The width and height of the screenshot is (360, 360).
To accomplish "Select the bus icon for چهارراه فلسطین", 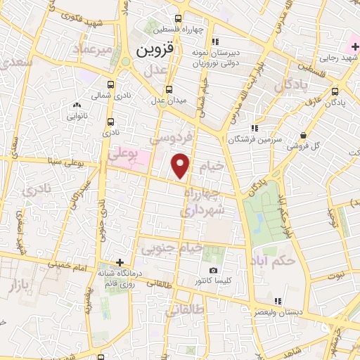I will point(179,20).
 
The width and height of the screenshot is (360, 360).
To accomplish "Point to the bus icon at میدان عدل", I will point(169,89).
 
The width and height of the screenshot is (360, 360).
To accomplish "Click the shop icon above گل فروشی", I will point(302,135).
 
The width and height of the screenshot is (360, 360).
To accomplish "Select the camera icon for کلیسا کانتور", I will point(214,271).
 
